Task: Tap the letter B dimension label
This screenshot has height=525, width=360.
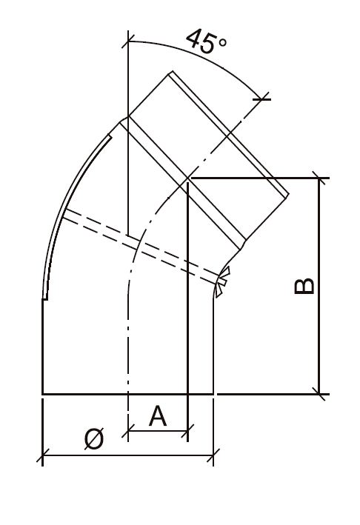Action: coord(304,287)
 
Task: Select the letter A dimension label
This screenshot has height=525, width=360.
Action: coord(158,416)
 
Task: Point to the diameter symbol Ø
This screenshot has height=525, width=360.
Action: coord(94,440)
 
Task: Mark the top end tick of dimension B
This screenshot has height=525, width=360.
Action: coord(319,178)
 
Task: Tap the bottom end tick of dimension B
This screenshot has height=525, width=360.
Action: coord(319,393)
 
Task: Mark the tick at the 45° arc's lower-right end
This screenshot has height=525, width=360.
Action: coord(261,96)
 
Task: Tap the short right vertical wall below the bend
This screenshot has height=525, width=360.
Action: coord(214,341)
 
